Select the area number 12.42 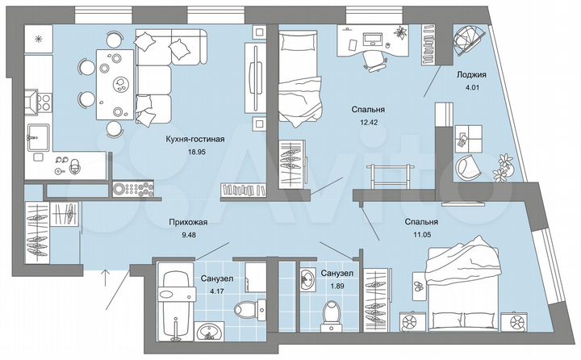click(x=366, y=122)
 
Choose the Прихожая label click(x=188, y=224)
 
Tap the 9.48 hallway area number click(x=188, y=236)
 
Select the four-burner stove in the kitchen click(x=37, y=102)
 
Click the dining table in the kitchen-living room click(x=115, y=83)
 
